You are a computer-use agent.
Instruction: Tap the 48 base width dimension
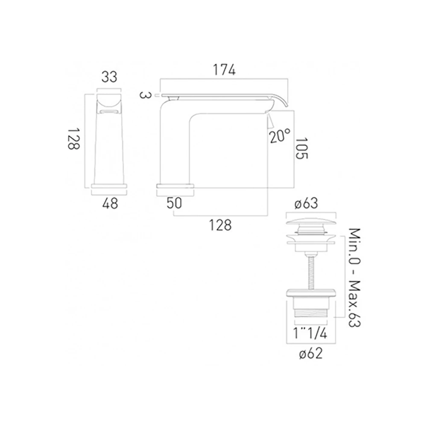click(x=110, y=204)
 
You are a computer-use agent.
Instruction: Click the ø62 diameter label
click(x=310, y=354)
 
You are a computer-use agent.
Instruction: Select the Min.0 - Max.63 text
click(x=354, y=278)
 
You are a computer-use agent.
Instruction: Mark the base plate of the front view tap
click(x=110, y=187)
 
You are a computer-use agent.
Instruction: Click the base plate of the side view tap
click(x=175, y=186)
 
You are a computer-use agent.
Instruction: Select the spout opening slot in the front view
click(x=109, y=112)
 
